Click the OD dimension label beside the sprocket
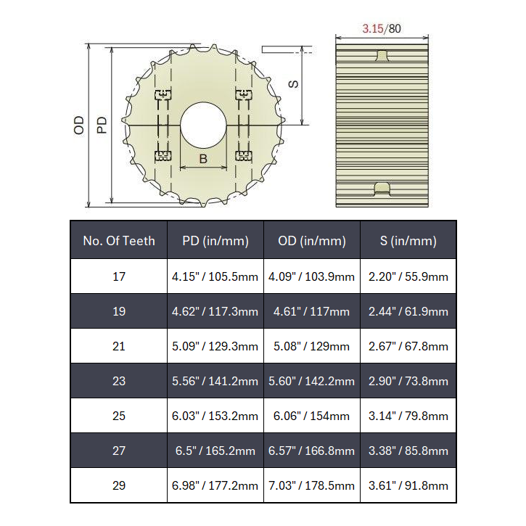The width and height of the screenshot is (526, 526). pyautogui.click(x=79, y=125)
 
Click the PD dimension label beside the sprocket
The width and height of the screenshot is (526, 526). pyautogui.click(x=102, y=125)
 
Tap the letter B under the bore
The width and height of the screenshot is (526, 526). pyautogui.click(x=203, y=159)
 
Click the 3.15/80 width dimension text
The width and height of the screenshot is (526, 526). pyautogui.click(x=382, y=29)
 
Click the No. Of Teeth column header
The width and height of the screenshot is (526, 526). pyautogui.click(x=119, y=241)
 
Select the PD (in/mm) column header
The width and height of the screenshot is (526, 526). pyautogui.click(x=215, y=241)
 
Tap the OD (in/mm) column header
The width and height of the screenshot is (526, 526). pyautogui.click(x=311, y=241)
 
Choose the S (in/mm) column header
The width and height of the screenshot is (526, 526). pyautogui.click(x=408, y=241)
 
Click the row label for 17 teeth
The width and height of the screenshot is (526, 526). pyautogui.click(x=119, y=276)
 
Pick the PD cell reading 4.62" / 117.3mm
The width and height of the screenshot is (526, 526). pyautogui.click(x=215, y=311)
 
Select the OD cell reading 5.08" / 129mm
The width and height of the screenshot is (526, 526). pyautogui.click(x=311, y=346)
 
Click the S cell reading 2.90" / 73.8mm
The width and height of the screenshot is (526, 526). pyautogui.click(x=408, y=381)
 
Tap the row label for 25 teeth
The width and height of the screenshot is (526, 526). pyautogui.click(x=119, y=416)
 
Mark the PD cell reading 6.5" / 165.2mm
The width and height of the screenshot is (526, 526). pyautogui.click(x=215, y=451)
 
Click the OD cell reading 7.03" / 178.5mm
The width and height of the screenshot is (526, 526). pyautogui.click(x=311, y=485)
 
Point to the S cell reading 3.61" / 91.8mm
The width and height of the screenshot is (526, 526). pyautogui.click(x=408, y=485)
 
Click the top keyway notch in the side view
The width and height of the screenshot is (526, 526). pyautogui.click(x=382, y=56)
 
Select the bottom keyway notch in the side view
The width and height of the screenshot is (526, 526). pyautogui.click(x=382, y=189)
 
